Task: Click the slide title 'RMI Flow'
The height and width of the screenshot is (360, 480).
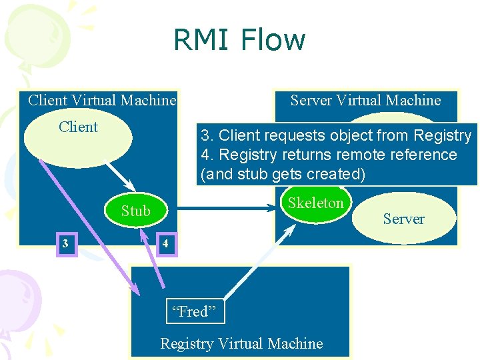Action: point(239,40)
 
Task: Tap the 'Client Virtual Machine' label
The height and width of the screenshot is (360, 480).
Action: point(102,101)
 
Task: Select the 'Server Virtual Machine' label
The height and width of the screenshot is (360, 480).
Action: point(365,101)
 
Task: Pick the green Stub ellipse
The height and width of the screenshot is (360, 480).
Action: point(136,211)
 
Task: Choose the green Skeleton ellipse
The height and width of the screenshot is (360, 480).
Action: point(315,204)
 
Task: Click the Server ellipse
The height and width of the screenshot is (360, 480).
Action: point(403,219)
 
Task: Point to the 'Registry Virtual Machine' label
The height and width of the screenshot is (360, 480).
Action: point(241,344)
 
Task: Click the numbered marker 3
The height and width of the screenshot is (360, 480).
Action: point(65,243)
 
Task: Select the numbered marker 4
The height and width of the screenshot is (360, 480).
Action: point(166,244)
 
